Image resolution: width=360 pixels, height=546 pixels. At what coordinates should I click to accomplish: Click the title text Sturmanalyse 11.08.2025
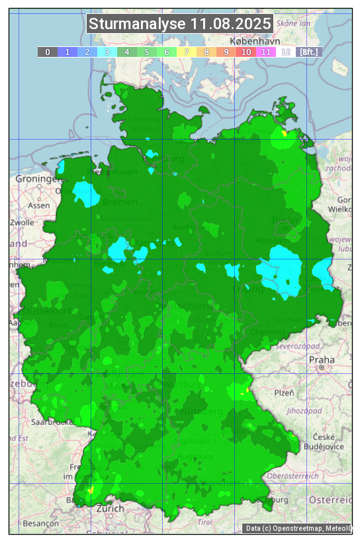point(180,24)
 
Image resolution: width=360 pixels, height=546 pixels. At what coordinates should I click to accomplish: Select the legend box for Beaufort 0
point(48,52)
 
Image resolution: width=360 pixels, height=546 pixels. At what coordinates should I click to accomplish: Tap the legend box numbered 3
point(107,52)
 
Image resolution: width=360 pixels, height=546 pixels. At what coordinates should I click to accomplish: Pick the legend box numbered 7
point(187,52)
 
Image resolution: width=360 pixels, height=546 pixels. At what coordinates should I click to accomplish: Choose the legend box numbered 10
point(246,52)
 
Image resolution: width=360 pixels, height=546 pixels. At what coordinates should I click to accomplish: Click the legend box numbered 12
point(286,52)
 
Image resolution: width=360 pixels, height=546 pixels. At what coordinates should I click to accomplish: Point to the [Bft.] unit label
point(309,52)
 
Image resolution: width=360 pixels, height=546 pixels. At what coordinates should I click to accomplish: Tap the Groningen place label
point(37,179)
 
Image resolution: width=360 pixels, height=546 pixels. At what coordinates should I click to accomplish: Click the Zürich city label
point(110,508)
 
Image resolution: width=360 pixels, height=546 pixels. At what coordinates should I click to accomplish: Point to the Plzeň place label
point(284,392)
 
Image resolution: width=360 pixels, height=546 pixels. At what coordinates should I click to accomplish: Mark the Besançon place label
point(38,523)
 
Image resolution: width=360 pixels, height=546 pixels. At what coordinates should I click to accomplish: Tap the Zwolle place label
point(21,222)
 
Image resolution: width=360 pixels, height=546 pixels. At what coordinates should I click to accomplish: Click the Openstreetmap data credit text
point(297,528)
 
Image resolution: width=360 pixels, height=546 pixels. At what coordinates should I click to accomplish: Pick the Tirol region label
point(205,522)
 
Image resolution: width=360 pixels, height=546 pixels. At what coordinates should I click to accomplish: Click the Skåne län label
point(293,23)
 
